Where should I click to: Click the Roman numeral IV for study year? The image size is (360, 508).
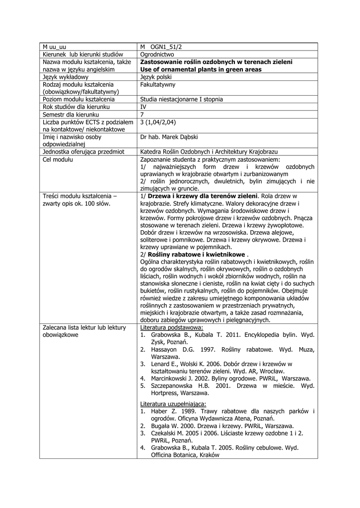(144, 107)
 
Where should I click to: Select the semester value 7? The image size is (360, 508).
(143, 114)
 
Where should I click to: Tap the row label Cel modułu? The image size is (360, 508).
(58, 159)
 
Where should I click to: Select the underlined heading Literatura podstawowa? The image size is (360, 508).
(171, 327)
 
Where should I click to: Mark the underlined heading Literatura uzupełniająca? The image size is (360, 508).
(173, 404)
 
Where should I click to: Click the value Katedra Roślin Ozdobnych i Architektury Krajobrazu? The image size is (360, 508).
(209, 151)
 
